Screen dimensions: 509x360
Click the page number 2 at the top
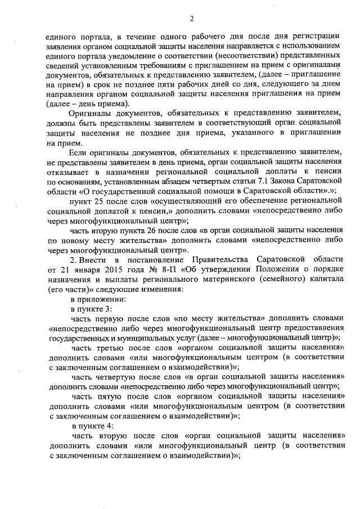point(191,19)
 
